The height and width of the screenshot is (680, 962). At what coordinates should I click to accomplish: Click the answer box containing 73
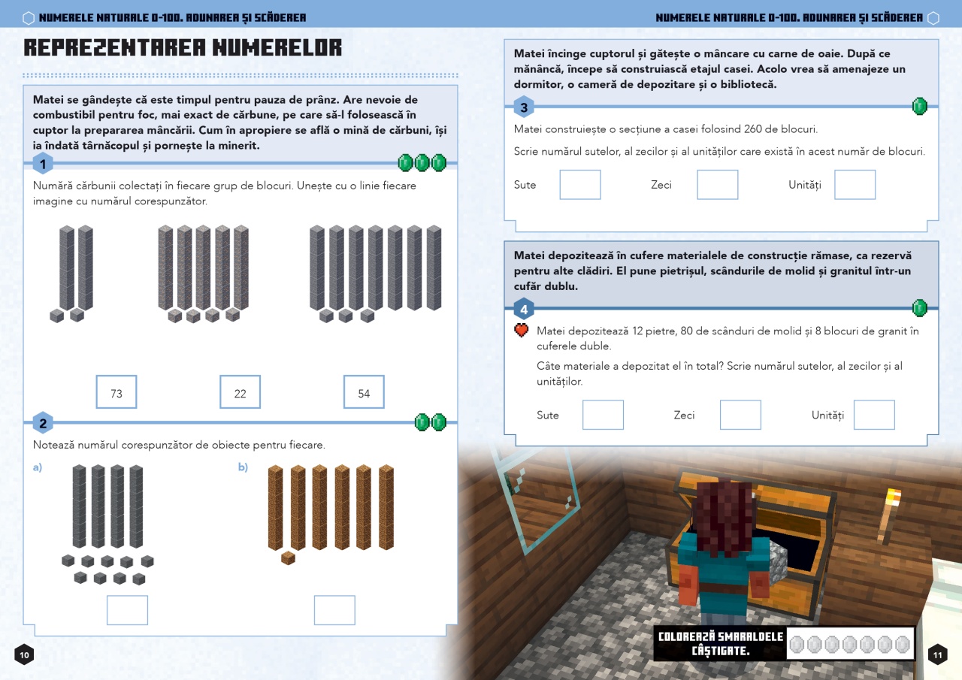pyautogui.click(x=116, y=392)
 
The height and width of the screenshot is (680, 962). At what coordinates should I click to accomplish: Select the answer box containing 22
pyautogui.click(x=240, y=392)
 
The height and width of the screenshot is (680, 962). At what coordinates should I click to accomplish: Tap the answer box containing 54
pyautogui.click(x=364, y=392)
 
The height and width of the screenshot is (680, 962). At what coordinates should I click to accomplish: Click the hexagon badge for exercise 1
pyautogui.click(x=43, y=164)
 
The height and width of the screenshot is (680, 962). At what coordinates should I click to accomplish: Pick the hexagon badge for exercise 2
pyautogui.click(x=43, y=423)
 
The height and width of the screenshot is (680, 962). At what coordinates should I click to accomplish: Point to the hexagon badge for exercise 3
pyautogui.click(x=524, y=107)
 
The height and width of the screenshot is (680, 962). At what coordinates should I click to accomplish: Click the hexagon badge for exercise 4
pyautogui.click(x=524, y=309)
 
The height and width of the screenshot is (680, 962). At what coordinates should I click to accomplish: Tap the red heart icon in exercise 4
pyautogui.click(x=521, y=331)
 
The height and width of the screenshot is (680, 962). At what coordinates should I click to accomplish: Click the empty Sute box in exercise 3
pyautogui.click(x=580, y=185)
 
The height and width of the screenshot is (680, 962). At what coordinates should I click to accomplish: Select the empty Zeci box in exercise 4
pyautogui.click(x=740, y=415)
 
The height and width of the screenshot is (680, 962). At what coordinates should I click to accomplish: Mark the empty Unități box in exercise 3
pyautogui.click(x=855, y=185)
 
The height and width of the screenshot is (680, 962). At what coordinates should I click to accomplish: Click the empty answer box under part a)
pyautogui.click(x=127, y=610)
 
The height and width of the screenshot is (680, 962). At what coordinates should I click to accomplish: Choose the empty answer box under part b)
pyautogui.click(x=334, y=610)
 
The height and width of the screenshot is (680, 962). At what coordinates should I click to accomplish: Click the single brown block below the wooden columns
pyautogui.click(x=288, y=558)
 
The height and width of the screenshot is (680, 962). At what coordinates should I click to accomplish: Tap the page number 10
pyautogui.click(x=24, y=655)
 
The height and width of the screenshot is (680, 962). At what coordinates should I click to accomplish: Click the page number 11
pyautogui.click(x=937, y=655)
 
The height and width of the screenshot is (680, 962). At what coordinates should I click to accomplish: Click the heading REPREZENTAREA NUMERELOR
pyautogui.click(x=183, y=48)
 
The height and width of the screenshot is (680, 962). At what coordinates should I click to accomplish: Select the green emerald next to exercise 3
pyautogui.click(x=919, y=106)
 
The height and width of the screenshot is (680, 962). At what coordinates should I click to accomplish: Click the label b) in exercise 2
pyautogui.click(x=243, y=467)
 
